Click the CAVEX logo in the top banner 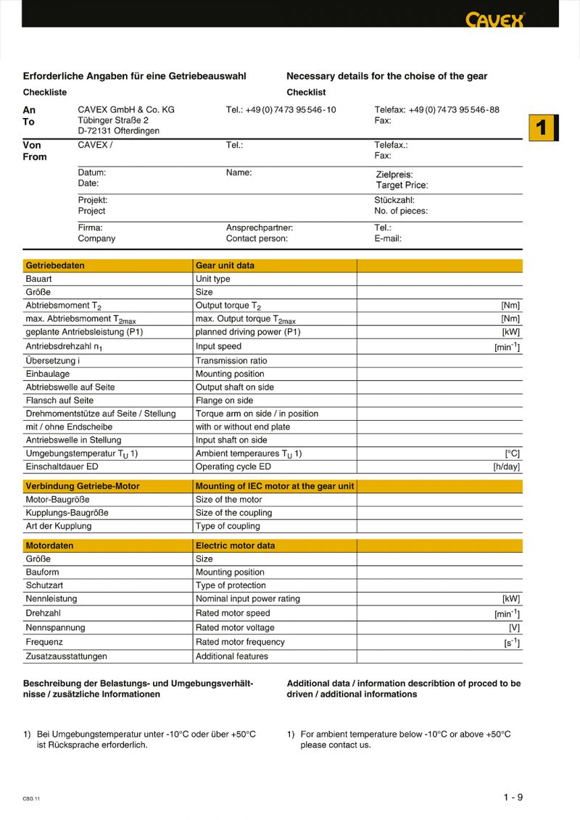click(x=495, y=20)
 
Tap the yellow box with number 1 click(x=541, y=127)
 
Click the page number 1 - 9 click(x=513, y=798)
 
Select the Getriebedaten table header click(x=55, y=266)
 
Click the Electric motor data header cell click(x=236, y=545)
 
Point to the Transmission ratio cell click(x=231, y=361)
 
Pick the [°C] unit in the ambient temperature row click(x=512, y=453)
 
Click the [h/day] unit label click(x=506, y=467)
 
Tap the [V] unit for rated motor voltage click(x=514, y=628)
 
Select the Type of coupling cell click(x=228, y=526)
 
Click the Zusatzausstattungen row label click(x=66, y=656)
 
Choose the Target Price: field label click(x=402, y=185)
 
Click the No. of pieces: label click(x=401, y=211)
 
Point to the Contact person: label click(x=257, y=238)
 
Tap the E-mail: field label click(x=388, y=238)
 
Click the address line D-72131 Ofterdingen click(x=119, y=131)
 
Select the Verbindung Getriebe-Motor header click(x=83, y=486)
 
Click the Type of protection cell click(x=231, y=585)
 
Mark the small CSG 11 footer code click(x=31, y=798)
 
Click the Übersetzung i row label click(x=53, y=361)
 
